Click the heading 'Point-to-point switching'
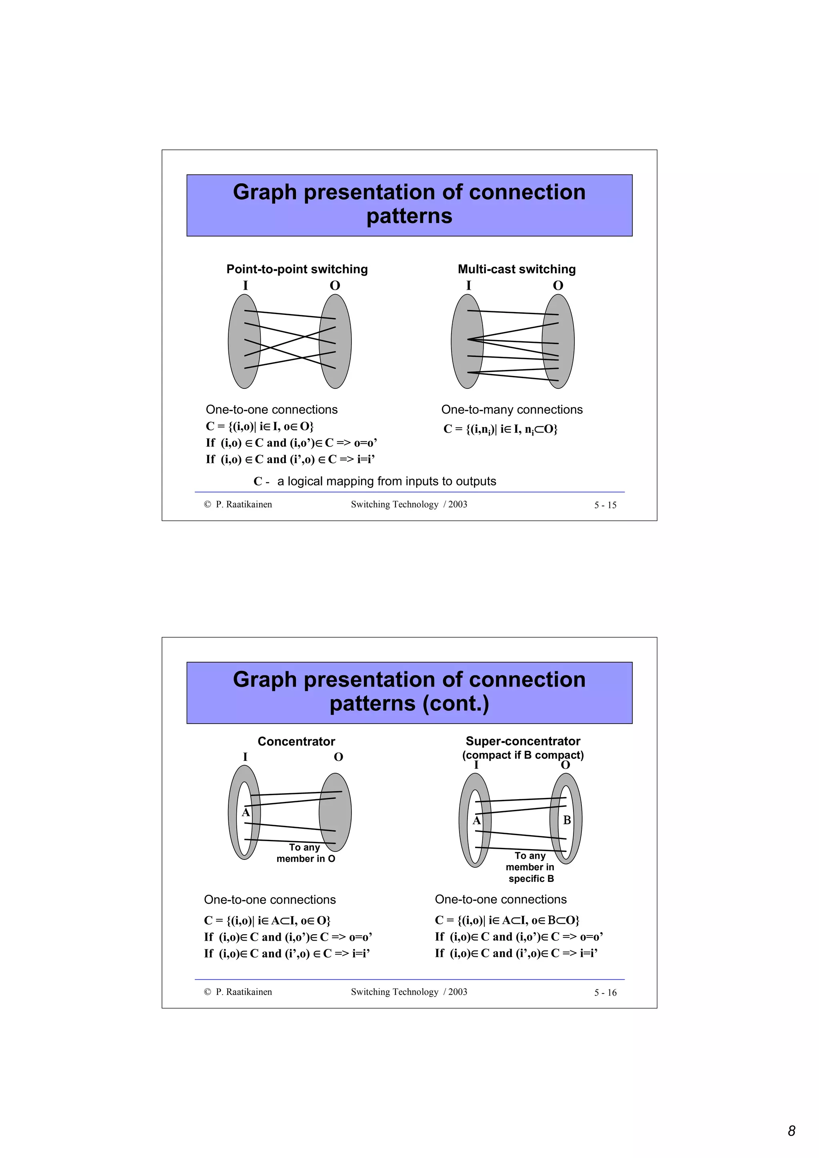(297, 269)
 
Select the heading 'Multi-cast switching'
(516, 269)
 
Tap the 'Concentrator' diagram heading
(296, 741)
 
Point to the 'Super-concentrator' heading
(523, 741)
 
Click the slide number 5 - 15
(605, 505)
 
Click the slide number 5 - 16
(605, 993)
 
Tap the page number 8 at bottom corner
(791, 1131)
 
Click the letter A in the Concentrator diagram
(246, 812)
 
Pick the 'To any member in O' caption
(305, 853)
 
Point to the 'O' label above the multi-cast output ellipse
(557, 285)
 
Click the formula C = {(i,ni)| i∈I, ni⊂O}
(500, 429)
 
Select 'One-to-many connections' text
(512, 410)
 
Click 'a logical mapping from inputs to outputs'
(387, 481)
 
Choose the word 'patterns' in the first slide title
(409, 216)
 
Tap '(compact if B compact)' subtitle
(523, 755)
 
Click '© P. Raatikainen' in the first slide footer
(238, 504)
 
